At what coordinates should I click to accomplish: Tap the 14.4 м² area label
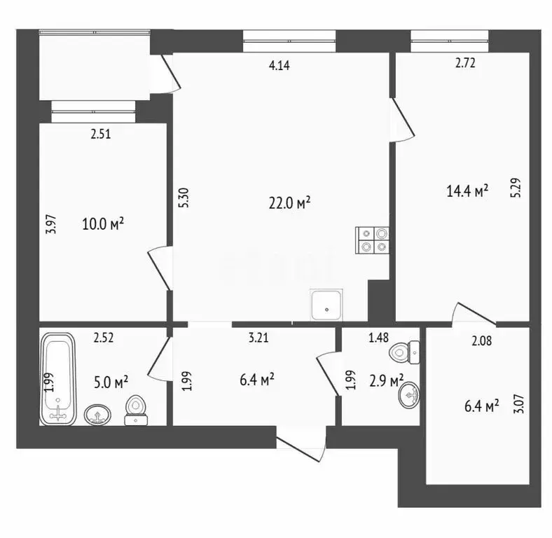pos(467,191)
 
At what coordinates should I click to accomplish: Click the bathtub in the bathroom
pos(58,378)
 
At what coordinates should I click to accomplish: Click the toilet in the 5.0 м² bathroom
pos(135,411)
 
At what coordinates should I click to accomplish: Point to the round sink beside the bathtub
pos(96,415)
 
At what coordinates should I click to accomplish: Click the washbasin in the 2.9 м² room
pos(410,396)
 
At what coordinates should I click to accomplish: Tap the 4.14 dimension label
pos(280,66)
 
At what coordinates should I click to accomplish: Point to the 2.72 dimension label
pos(466,64)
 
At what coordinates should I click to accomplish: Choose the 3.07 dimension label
pos(518,405)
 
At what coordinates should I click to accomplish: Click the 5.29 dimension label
pos(516,190)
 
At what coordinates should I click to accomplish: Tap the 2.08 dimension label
pos(482,341)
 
